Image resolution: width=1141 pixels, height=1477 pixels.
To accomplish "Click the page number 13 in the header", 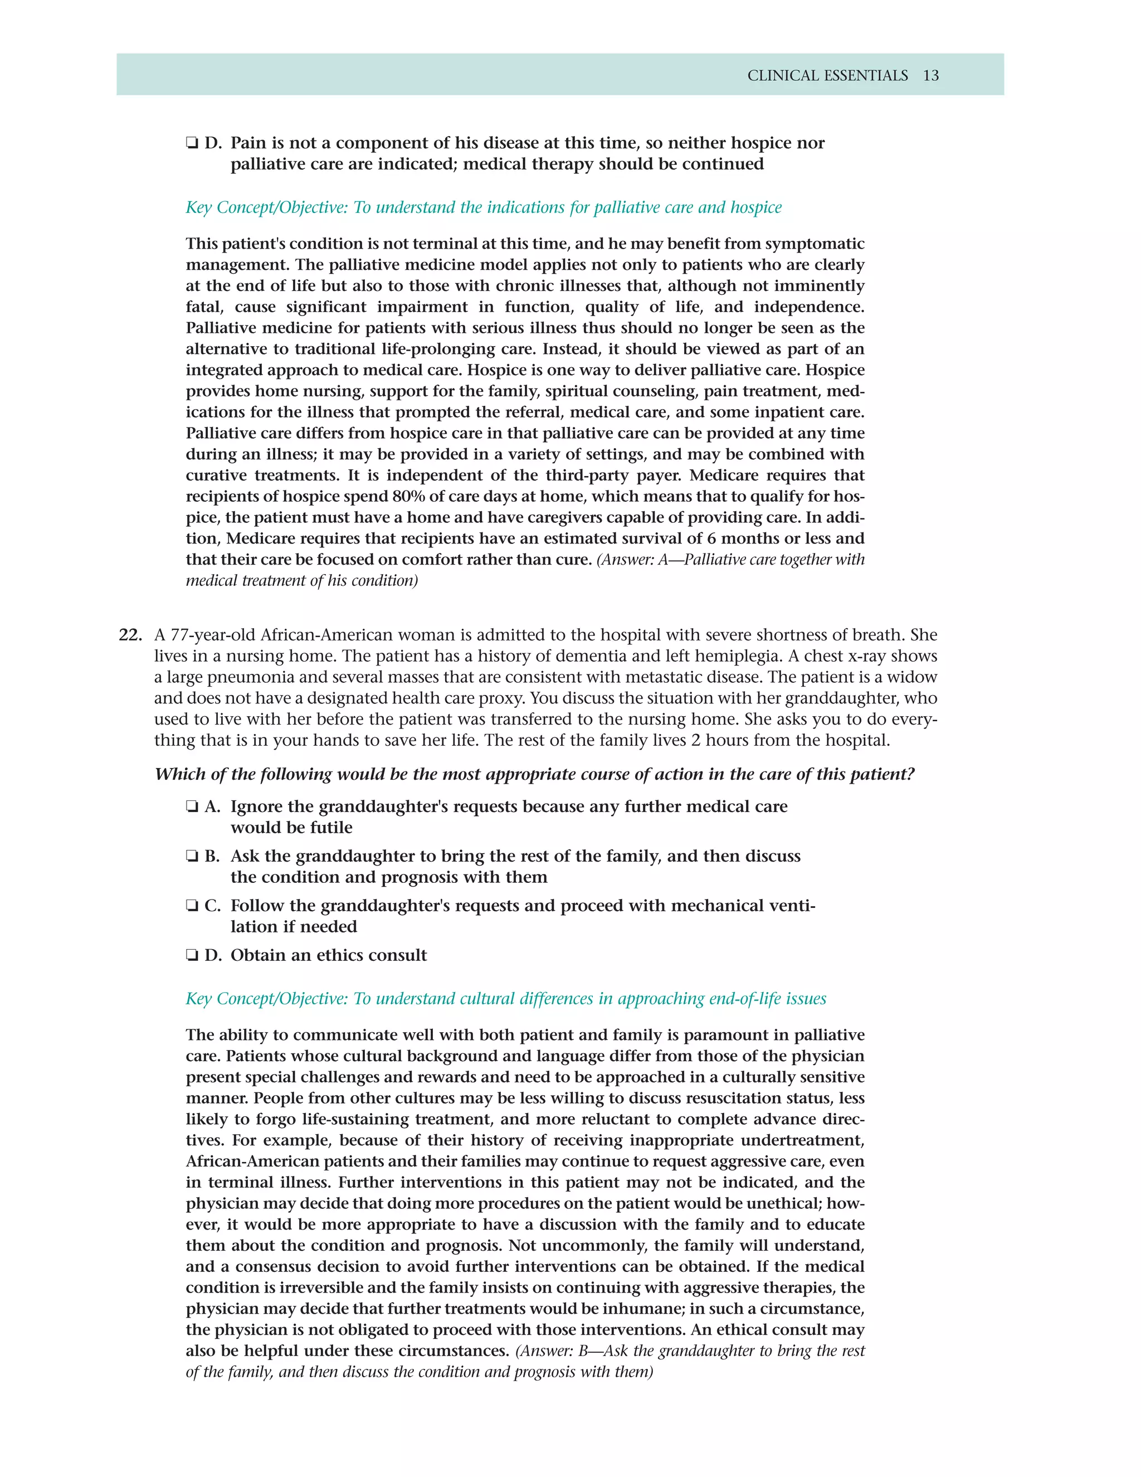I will [931, 76].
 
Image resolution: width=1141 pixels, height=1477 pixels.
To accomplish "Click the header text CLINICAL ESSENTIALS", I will [827, 76].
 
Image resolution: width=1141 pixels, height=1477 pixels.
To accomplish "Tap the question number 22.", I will [130, 635].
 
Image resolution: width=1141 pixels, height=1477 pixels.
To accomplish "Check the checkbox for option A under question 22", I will [192, 807].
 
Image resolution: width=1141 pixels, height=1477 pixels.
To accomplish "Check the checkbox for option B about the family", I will [192, 856].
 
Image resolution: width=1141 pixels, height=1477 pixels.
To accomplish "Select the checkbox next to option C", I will [192, 906].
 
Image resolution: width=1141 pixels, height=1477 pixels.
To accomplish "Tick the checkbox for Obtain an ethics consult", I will [192, 955].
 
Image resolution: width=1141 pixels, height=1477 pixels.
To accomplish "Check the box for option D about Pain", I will [192, 143].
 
